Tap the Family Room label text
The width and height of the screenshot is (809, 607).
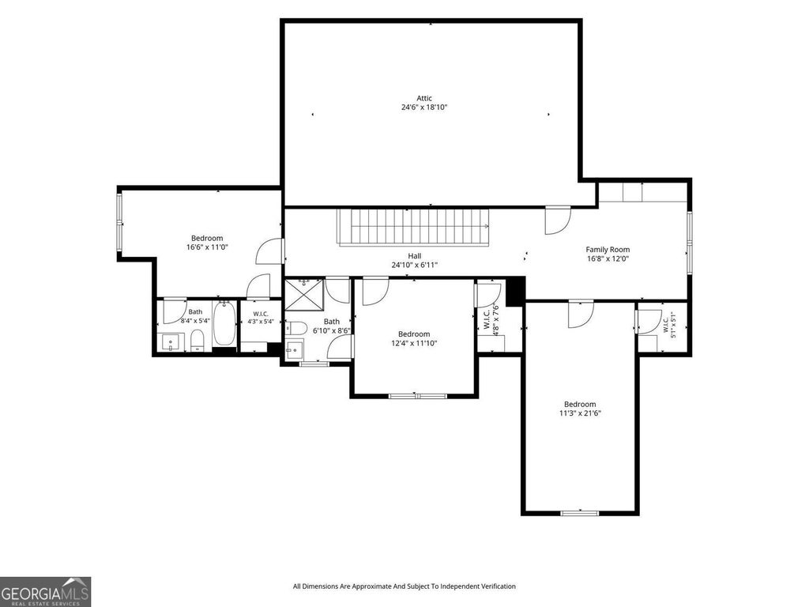point(608,250)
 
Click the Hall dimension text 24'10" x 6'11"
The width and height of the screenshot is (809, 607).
point(414,266)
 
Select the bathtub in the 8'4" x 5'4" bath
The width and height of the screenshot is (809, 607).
point(224,323)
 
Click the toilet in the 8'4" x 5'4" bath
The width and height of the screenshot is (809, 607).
point(198,340)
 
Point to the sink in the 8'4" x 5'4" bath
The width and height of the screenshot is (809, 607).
point(171,342)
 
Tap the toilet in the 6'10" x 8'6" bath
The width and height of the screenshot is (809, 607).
point(296,328)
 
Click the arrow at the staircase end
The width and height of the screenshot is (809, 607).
point(486,226)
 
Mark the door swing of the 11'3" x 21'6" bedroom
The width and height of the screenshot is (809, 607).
point(581,315)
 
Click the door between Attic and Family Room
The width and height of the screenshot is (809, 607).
point(559,220)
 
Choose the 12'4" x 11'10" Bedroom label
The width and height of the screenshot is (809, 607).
point(414,334)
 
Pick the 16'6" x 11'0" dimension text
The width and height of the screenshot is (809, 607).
point(207,247)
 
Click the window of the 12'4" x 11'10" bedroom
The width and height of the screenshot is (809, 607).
point(417,396)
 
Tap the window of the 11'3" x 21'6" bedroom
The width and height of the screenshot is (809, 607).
point(579,512)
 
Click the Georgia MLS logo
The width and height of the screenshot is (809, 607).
point(45,592)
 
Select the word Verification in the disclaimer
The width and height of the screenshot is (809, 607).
point(499,586)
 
